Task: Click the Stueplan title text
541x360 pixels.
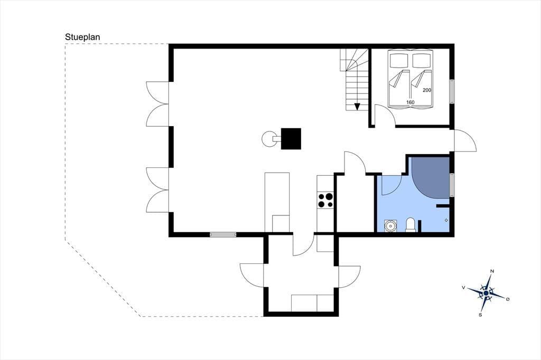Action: click(x=82, y=37)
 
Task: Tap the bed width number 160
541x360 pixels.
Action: click(x=410, y=102)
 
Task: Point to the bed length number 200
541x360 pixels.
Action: click(x=427, y=90)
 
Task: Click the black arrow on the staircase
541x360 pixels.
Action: click(x=357, y=107)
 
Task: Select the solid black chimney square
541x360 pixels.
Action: click(x=291, y=139)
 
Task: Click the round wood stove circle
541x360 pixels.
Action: click(x=269, y=139)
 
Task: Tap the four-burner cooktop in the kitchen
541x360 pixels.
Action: click(x=325, y=201)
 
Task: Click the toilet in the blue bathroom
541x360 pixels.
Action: click(x=410, y=224)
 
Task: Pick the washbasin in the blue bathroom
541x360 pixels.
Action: click(x=390, y=226)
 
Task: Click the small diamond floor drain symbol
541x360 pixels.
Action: click(x=446, y=220)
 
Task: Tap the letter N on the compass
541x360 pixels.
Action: click(x=492, y=271)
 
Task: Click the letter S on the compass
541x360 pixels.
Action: click(x=480, y=315)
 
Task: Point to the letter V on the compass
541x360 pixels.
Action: click(x=464, y=287)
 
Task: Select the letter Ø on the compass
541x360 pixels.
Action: click(x=508, y=299)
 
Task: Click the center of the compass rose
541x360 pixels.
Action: click(x=486, y=293)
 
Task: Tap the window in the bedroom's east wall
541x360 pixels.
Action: click(x=452, y=91)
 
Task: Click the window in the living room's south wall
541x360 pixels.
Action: click(x=223, y=235)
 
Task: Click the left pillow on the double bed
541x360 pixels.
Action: click(x=399, y=60)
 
